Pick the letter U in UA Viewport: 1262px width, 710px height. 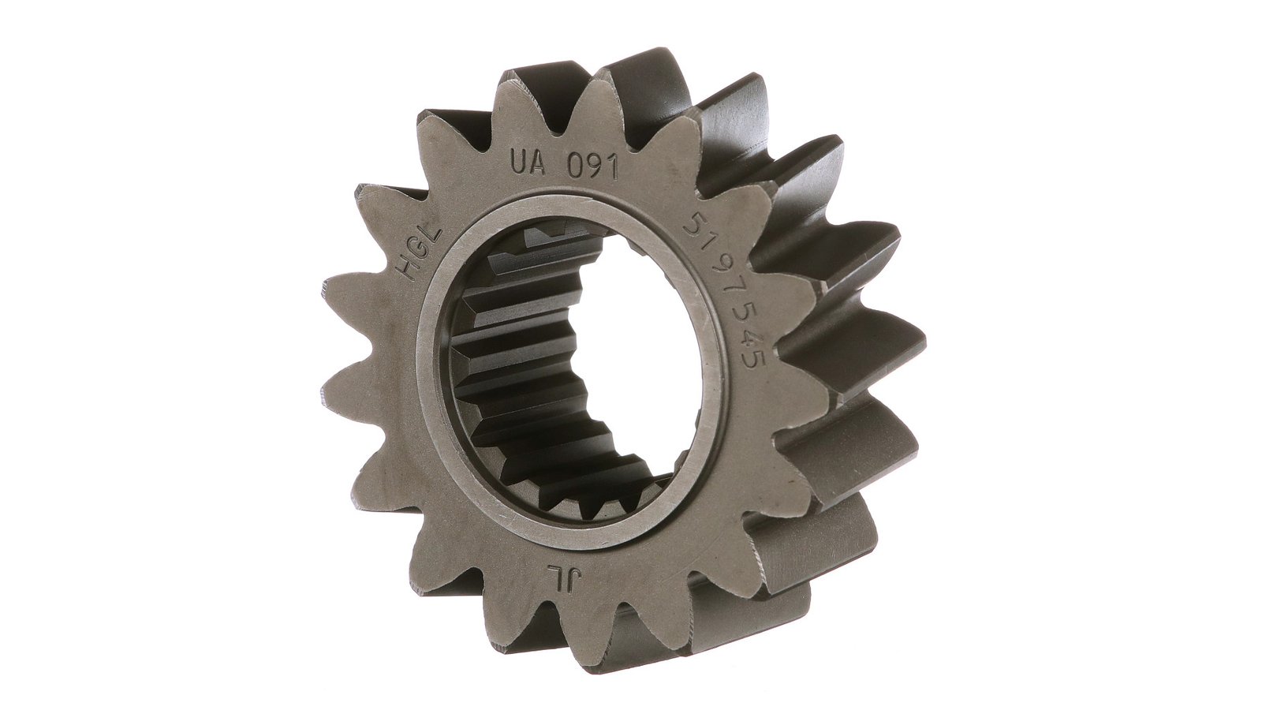(517, 163)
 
